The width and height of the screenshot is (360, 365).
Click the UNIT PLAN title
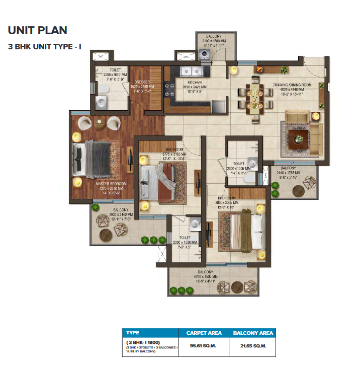pyautogui.click(x=38, y=30)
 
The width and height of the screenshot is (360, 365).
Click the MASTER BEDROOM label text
pyautogui.click(x=111, y=184)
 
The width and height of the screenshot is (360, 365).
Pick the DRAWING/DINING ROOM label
pyautogui.click(x=296, y=85)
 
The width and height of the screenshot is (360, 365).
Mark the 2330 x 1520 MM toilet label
pyautogui.click(x=185, y=243)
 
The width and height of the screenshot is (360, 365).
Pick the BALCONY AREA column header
pyautogui.click(x=252, y=333)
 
